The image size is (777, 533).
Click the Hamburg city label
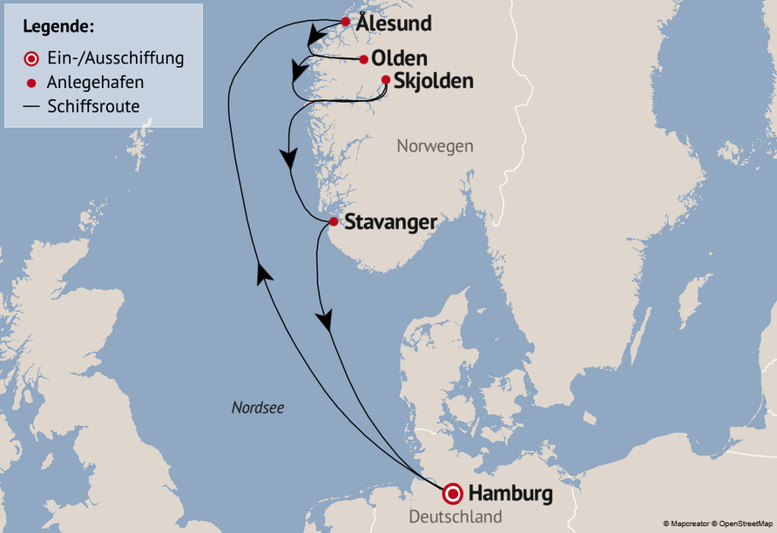coord(510,494)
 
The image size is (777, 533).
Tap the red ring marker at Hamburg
coord(453,494)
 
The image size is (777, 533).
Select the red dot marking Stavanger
coord(333,222)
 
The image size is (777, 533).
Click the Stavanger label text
coord(390,222)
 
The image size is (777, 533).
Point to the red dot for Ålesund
coord(346,22)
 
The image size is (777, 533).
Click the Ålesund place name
coord(394,24)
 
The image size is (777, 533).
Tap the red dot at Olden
coord(363,59)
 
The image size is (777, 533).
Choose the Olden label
coord(399,59)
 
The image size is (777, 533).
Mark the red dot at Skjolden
coord(386,80)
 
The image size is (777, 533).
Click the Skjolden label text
coord(433,81)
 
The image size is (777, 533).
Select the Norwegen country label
coord(435,145)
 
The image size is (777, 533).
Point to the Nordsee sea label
coord(258,407)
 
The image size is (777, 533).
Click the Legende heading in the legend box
coord(58,27)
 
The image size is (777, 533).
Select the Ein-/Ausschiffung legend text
coord(116,58)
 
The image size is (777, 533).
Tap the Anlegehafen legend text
coord(96,83)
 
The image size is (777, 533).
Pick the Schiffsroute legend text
coord(94,105)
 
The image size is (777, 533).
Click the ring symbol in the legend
coord(31,59)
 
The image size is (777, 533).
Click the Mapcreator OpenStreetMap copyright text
coord(717,523)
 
